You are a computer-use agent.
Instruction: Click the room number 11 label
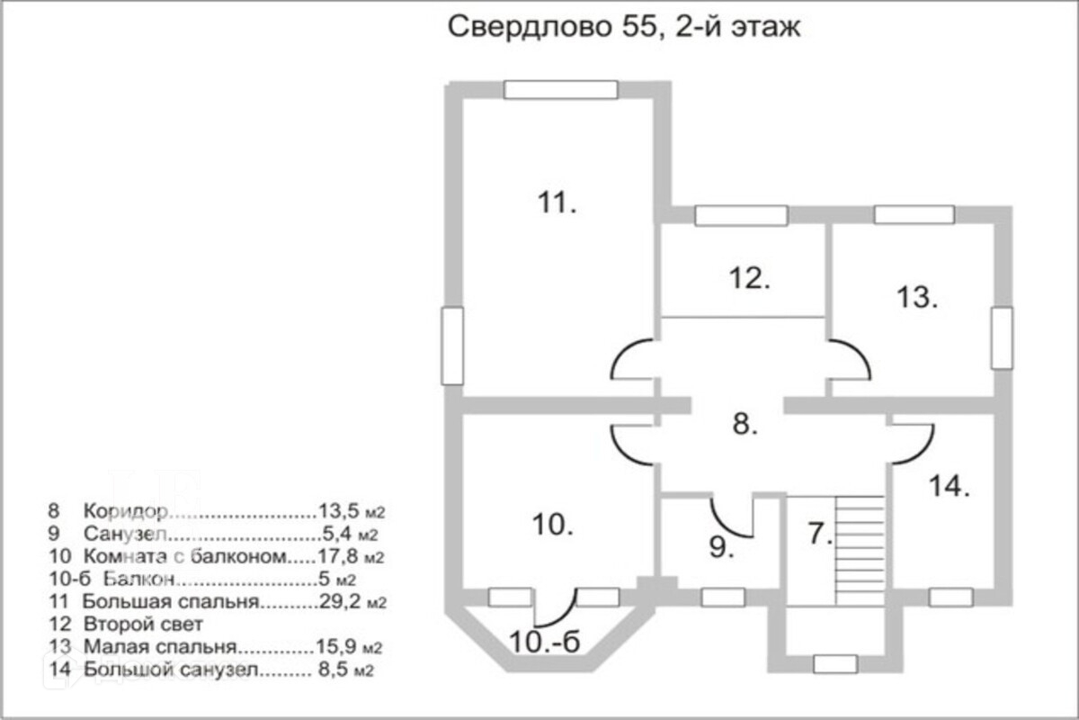(x=557, y=202)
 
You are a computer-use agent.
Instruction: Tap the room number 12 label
(x=750, y=278)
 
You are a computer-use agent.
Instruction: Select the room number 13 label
(x=917, y=297)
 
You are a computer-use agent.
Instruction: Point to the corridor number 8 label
(x=745, y=424)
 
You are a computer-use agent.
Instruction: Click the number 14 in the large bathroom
(x=949, y=486)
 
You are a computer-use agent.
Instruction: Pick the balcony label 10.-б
(x=544, y=643)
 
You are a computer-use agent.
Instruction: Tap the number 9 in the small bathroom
(x=721, y=547)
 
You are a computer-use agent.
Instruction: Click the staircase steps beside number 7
(x=860, y=551)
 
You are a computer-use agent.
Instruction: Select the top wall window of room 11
(x=561, y=90)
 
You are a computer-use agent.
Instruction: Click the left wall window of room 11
(x=452, y=346)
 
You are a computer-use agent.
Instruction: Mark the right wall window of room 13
(x=1002, y=338)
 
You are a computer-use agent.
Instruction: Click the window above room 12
(x=741, y=216)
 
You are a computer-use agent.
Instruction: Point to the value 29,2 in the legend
(x=339, y=601)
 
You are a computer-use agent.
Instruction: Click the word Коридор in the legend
(x=126, y=511)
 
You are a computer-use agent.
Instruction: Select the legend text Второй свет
(x=143, y=624)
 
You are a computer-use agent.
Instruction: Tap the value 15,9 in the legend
(x=335, y=646)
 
